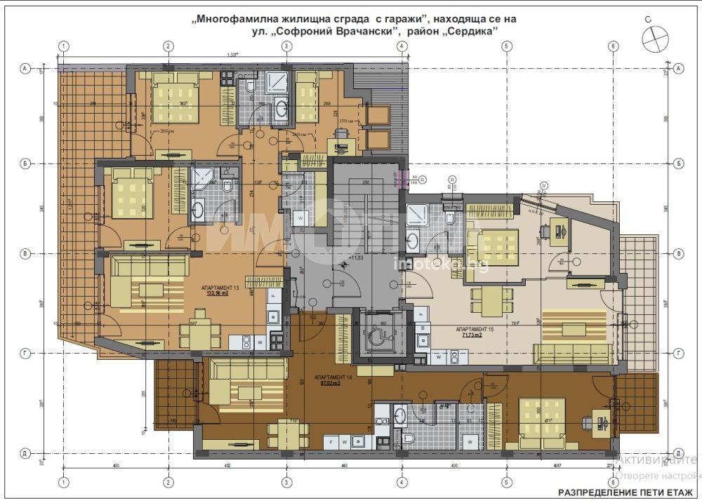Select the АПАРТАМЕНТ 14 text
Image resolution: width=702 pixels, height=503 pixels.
tap(333, 377)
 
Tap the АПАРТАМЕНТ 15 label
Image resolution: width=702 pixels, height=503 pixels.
tap(475, 329)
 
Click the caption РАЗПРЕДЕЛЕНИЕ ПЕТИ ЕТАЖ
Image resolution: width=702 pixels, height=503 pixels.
tap(625, 492)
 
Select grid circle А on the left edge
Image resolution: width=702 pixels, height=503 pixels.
tap(24, 69)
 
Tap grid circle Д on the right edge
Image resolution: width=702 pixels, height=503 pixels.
tap(678, 453)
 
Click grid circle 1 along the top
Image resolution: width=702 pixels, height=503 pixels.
tap(64, 46)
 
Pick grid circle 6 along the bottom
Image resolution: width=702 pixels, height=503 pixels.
tap(613, 482)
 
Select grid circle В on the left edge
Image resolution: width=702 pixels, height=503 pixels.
tap(24, 253)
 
